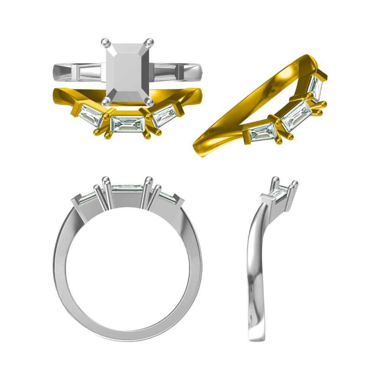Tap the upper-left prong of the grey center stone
(105, 42)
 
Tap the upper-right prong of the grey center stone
(150, 42)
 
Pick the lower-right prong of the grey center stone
(150, 102)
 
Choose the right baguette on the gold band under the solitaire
(165, 116)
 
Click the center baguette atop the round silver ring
(127, 187)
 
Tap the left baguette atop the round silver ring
(85, 196)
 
